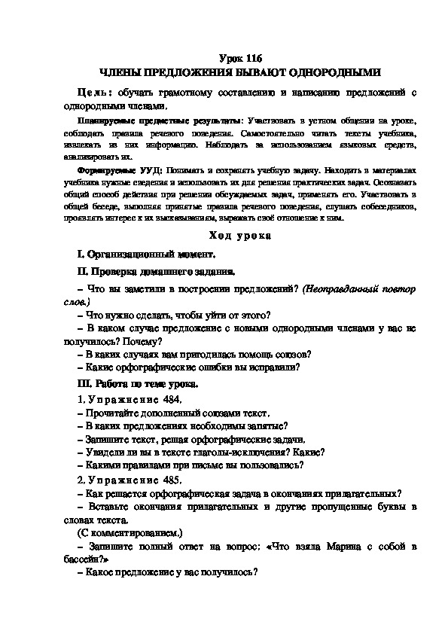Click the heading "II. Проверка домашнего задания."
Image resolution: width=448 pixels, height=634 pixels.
coord(157,271)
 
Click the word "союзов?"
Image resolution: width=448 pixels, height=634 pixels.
coord(285,354)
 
